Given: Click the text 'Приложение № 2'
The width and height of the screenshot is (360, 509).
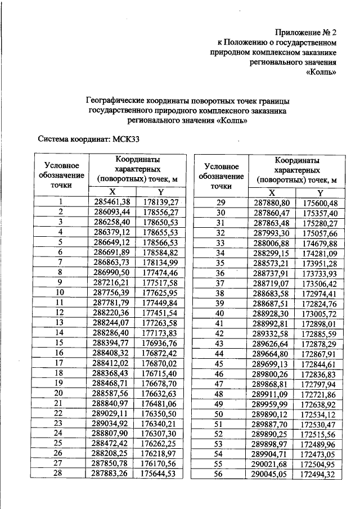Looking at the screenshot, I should pos(306,32).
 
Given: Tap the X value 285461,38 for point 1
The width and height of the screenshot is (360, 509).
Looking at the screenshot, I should pos(111,202).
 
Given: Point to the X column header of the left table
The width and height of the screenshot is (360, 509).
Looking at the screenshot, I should pos(111,192).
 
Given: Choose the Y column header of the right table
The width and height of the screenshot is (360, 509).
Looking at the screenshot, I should pos(318,192).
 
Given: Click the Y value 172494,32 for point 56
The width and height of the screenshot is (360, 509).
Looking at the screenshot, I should pos(318,474).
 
